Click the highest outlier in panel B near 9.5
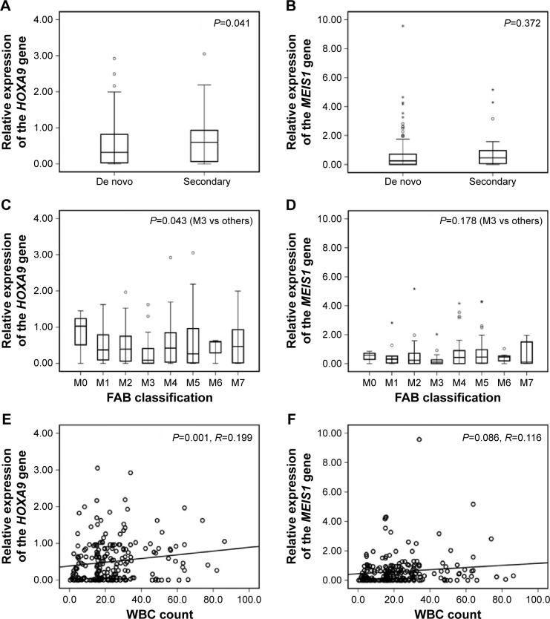click(x=402, y=26)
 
